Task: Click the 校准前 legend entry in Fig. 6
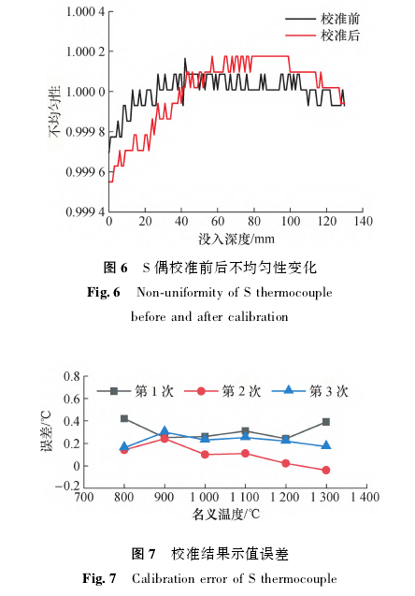(x=322, y=19)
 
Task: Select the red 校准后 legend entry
(x=322, y=36)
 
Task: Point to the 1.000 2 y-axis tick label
(x=85, y=51)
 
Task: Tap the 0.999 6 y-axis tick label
(x=85, y=172)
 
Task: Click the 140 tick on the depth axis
(x=363, y=221)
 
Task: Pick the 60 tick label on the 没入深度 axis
(x=218, y=221)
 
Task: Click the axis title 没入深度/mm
(x=236, y=240)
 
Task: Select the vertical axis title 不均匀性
(x=54, y=111)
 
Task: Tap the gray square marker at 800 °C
(x=124, y=418)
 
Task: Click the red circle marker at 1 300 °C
(x=326, y=471)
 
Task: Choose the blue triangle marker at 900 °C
(x=165, y=431)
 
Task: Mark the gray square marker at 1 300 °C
(x=326, y=422)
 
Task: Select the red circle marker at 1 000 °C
(x=205, y=454)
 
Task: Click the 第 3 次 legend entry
(x=310, y=391)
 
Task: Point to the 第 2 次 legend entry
(x=222, y=391)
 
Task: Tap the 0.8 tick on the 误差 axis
(x=72, y=376)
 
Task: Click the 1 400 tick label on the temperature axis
(x=365, y=497)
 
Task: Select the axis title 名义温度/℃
(x=226, y=515)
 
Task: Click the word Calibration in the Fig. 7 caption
(x=162, y=578)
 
